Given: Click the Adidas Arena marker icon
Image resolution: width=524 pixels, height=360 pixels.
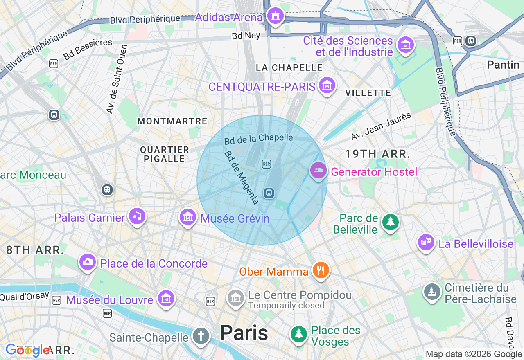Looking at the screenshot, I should (x=275, y=16).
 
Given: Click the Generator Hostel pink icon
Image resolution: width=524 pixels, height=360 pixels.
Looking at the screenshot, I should (x=318, y=171).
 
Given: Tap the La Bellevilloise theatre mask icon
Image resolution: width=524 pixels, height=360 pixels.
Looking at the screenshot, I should (x=426, y=243).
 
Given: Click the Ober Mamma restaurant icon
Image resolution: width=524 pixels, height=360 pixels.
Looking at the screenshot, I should (x=321, y=270).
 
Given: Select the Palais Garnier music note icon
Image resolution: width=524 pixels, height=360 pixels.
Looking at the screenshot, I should (x=137, y=216).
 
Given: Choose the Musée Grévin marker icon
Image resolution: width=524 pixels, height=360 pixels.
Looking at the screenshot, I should (x=188, y=216).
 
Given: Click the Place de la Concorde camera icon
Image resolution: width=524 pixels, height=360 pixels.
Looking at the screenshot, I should (x=87, y=261).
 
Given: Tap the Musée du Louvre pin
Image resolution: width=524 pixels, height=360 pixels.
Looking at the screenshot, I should (x=166, y=298).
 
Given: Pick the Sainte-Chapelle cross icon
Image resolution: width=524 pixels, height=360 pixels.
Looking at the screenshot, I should (x=201, y=337).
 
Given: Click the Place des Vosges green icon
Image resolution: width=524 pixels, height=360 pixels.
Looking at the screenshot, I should (x=299, y=334).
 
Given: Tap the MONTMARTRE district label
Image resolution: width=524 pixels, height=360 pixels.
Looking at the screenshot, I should (x=172, y=121).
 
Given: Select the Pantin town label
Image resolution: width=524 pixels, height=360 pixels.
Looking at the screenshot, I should (x=503, y=65).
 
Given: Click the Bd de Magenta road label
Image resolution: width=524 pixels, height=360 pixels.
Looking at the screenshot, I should (x=242, y=178).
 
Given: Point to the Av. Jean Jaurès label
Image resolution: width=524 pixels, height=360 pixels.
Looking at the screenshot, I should (x=381, y=127).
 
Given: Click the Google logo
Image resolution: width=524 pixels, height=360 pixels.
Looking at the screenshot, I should (x=27, y=350).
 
